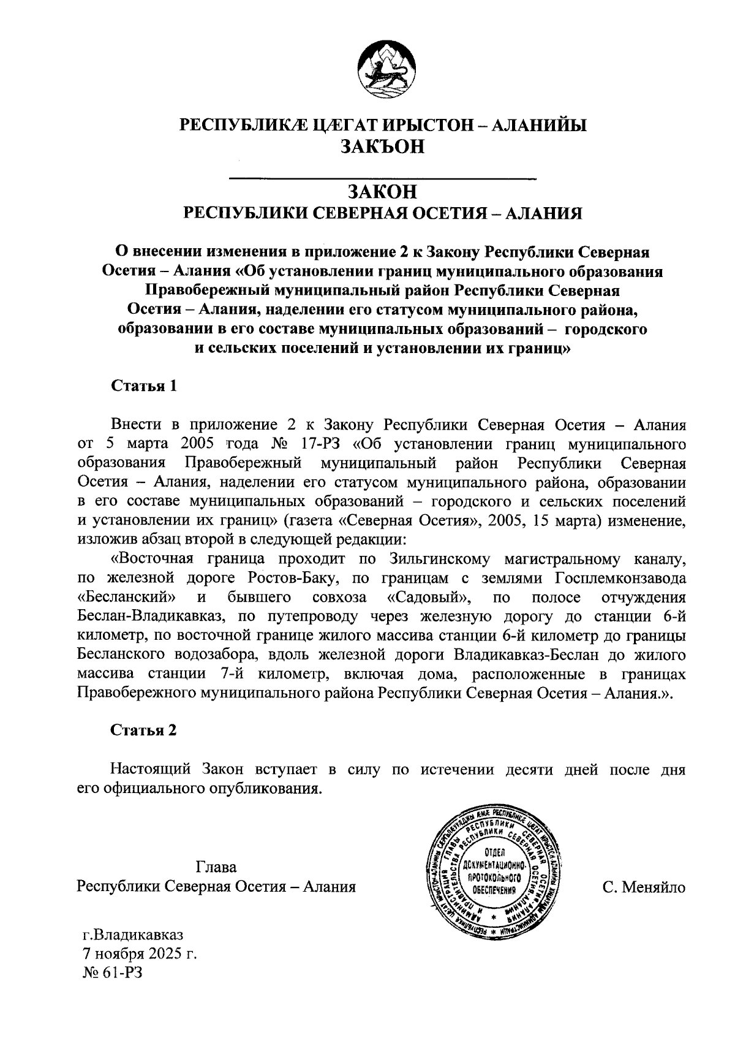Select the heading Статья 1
pyautogui.click(x=144, y=386)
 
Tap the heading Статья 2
pyautogui.click(x=144, y=730)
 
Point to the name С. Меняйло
pyautogui.click(x=643, y=887)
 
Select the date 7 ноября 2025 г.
pyautogui.click(x=140, y=954)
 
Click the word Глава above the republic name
pyautogui.click(x=216, y=867)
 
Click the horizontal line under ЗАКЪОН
pyautogui.click(x=382, y=179)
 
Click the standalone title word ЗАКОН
pyautogui.click(x=382, y=192)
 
